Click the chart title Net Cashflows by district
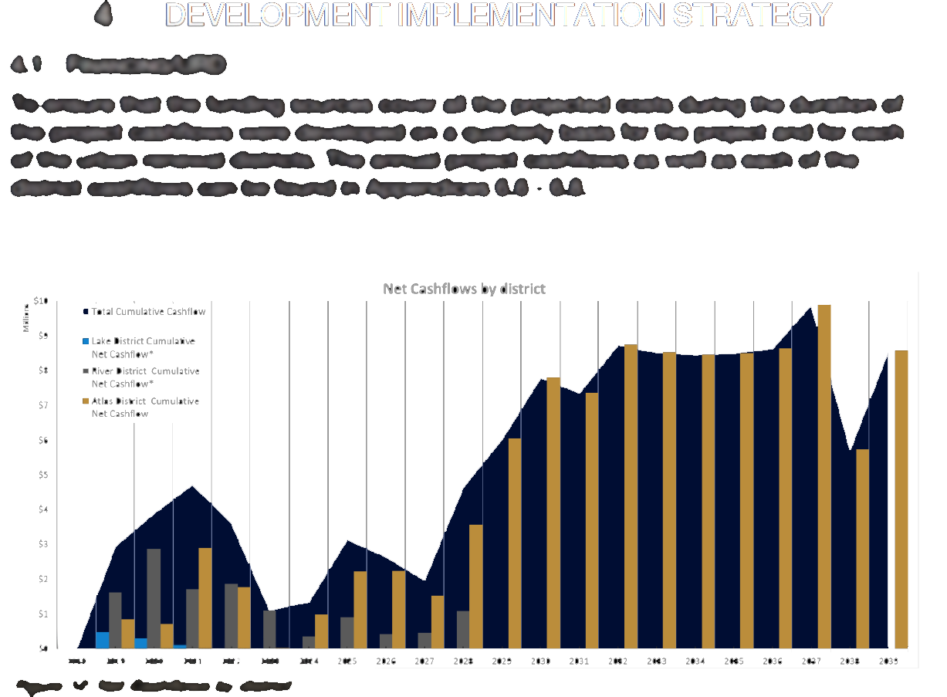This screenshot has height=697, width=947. (464, 289)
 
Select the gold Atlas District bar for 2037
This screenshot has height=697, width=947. (824, 476)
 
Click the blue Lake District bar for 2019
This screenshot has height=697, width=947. (102, 640)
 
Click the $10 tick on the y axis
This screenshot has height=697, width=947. (41, 301)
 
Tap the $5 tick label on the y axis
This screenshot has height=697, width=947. (42, 475)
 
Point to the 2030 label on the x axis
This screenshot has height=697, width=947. (540, 661)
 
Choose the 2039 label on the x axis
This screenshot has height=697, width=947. (888, 661)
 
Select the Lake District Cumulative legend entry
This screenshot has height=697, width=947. (144, 341)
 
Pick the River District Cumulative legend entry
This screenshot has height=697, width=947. (145, 371)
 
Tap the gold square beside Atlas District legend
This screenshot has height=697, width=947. (86, 401)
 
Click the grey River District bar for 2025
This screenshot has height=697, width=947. (347, 632)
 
